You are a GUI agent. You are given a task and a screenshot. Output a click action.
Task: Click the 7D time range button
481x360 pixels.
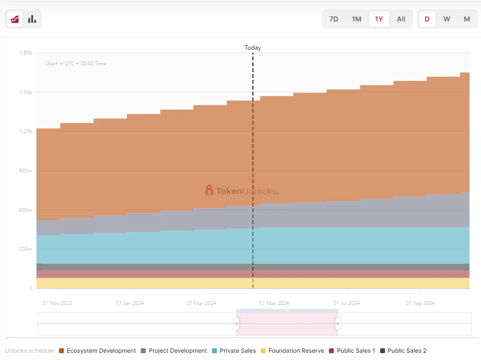point(333,19)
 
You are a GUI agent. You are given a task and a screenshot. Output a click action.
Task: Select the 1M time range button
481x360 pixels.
point(356,19)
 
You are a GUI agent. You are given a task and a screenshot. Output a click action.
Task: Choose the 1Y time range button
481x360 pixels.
point(379,19)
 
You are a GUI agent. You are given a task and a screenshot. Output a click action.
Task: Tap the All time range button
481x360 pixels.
point(401,19)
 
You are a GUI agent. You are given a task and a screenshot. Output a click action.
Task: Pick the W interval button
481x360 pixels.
point(446,19)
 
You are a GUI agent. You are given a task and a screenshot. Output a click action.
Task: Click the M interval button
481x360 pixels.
point(466,19)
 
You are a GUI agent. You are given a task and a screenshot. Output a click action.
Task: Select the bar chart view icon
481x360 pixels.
point(32,19)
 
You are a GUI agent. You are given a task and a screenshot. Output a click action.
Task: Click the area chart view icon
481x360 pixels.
point(15,19)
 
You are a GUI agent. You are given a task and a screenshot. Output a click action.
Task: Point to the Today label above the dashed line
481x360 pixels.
point(252,48)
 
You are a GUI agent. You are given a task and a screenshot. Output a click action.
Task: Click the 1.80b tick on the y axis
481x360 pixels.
point(25,53)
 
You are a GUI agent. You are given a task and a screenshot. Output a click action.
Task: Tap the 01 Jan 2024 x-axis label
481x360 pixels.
point(130,303)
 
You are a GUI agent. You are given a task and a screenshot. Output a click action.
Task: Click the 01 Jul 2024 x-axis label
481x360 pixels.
point(346,303)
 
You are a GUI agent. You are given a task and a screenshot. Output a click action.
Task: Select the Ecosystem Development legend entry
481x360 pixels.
point(97,351)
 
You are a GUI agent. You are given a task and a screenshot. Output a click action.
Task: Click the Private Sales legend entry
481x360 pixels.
point(234,351)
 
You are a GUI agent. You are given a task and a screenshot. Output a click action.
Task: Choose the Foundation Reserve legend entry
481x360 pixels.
point(292,351)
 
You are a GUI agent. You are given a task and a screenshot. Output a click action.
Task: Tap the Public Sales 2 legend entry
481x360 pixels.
point(403,351)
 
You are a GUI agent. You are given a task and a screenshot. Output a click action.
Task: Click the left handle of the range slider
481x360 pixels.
point(236,323)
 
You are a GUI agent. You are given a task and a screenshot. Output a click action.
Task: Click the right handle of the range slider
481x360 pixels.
point(338,323)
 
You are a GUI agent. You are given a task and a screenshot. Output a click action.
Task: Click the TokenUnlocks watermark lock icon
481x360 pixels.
point(209,190)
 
